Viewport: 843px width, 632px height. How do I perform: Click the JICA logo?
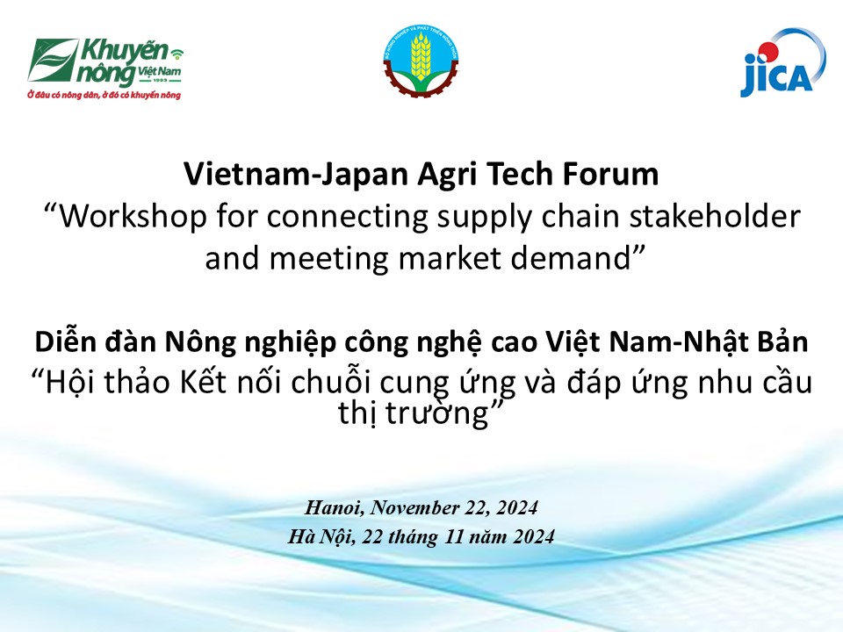point(783,63)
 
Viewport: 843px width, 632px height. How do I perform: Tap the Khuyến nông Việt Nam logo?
point(105,68)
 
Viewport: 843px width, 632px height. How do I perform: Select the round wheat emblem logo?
point(421,61)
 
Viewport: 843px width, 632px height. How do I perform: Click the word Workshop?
point(133,218)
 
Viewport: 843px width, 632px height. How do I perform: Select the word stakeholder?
point(715,216)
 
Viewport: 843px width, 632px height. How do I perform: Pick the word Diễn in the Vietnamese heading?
point(66,341)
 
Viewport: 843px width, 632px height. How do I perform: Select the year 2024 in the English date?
point(517,508)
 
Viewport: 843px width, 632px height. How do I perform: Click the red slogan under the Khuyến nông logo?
point(104,95)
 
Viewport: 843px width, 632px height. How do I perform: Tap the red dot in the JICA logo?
point(769,52)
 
